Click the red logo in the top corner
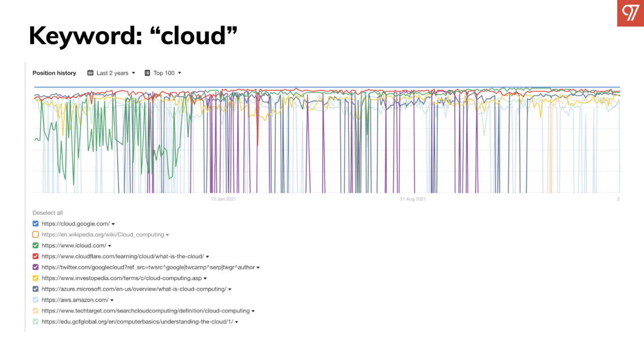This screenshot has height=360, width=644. (x=630, y=13)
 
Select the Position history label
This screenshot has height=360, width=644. (x=54, y=73)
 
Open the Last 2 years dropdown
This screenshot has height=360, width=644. (x=115, y=73)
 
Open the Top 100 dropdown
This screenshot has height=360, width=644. (x=167, y=73)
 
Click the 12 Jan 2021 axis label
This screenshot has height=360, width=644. (x=223, y=199)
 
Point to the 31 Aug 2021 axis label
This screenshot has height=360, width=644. (x=412, y=199)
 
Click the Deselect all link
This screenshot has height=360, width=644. (x=48, y=213)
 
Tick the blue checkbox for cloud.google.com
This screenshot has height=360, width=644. (x=35, y=224)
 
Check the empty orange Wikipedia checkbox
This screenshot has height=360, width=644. (x=35, y=235)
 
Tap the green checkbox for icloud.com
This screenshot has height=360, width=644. (x=35, y=245)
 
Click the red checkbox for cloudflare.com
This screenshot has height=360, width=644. (x=35, y=256)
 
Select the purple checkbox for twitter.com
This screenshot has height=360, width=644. (x=35, y=267)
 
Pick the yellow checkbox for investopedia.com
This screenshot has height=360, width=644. (x=35, y=278)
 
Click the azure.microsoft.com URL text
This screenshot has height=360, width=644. (x=134, y=289)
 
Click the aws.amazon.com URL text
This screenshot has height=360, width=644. (x=75, y=300)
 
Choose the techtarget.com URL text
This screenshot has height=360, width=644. (x=145, y=311)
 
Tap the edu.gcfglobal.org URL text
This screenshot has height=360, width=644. (x=137, y=322)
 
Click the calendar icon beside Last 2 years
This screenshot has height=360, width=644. (x=90, y=73)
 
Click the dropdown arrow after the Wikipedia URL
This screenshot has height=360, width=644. (x=167, y=235)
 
